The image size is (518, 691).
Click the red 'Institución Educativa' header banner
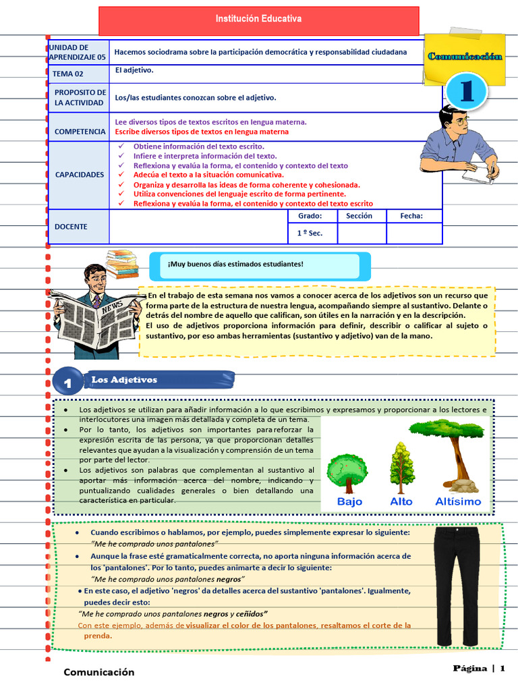pyautogui.click(x=258, y=21)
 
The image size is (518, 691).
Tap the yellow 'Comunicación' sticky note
pyautogui.click(x=465, y=57)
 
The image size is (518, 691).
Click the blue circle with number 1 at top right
pyautogui.click(x=468, y=92)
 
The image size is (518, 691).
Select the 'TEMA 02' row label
pyautogui.click(x=70, y=74)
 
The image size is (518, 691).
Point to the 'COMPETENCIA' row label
pyautogui.click(x=80, y=132)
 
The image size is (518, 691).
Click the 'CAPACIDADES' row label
pyautogui.click(x=80, y=174)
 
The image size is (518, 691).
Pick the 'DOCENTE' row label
pyautogui.click(x=71, y=227)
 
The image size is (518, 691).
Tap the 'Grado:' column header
pyautogui.click(x=310, y=217)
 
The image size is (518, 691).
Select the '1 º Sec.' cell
pyautogui.click(x=310, y=233)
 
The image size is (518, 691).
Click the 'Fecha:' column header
pyautogui.click(x=411, y=217)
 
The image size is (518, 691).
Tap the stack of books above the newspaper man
pyautogui.click(x=122, y=265)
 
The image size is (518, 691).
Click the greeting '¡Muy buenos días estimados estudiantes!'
pyautogui.click(x=235, y=264)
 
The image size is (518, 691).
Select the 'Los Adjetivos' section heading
pyautogui.click(x=125, y=380)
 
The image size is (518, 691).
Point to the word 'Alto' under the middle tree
pyautogui.click(x=402, y=501)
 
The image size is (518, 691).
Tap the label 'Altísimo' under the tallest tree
pyautogui.click(x=459, y=501)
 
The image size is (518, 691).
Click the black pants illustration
pyautogui.click(x=456, y=586)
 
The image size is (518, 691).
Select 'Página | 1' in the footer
pyautogui.click(x=478, y=668)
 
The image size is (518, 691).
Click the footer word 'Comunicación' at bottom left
pyautogui.click(x=99, y=672)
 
